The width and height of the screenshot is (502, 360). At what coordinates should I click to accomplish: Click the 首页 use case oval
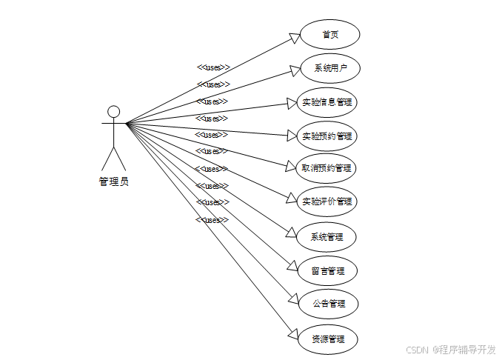329,35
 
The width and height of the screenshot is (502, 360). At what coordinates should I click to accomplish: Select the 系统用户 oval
329,68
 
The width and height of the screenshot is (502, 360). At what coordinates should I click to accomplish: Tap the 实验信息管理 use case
327,102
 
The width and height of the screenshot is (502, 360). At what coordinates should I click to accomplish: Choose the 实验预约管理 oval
327,136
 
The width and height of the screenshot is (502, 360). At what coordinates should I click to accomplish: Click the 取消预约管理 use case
327,168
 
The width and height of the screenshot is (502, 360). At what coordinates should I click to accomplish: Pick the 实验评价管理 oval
327,201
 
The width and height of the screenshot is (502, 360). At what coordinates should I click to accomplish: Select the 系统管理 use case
327,237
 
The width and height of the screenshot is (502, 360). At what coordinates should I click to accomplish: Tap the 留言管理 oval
327,271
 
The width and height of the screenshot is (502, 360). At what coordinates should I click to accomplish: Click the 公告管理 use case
327,304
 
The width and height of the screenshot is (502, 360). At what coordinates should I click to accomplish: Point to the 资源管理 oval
327,339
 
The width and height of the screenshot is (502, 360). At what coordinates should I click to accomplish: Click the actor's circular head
113,111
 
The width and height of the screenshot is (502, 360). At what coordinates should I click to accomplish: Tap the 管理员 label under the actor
113,181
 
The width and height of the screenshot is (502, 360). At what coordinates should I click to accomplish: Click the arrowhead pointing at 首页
294,38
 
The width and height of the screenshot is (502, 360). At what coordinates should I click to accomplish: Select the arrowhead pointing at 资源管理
291,335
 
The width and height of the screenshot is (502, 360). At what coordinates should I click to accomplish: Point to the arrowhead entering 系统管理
291,234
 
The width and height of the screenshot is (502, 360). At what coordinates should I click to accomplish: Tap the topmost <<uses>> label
212,67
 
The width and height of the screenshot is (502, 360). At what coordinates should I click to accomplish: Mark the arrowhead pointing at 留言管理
291,268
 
